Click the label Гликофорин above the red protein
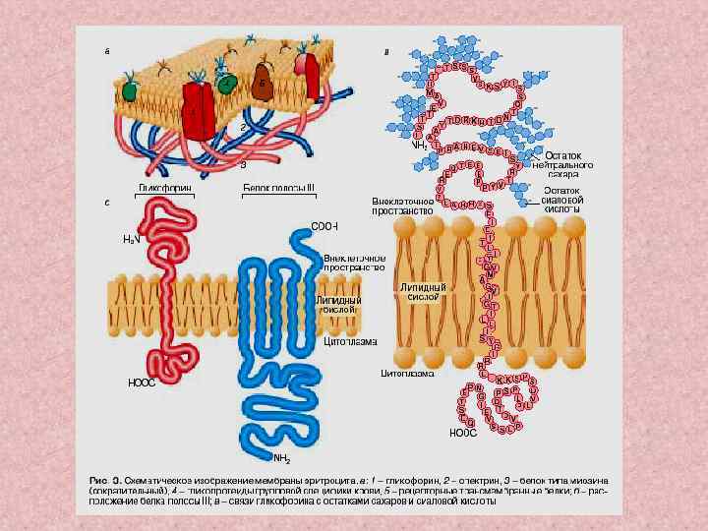tap(163, 187)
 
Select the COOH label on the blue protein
tap(324, 225)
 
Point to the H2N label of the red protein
tap(131, 239)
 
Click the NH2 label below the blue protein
tap(281, 457)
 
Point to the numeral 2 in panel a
tap(242, 129)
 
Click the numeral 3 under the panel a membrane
tap(243, 164)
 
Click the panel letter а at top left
tap(106, 49)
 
